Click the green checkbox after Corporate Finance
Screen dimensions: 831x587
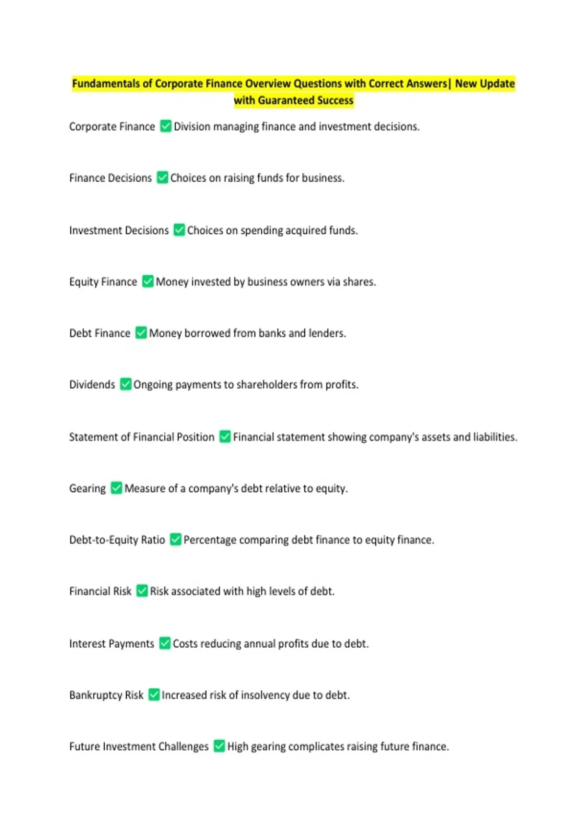coord(166,126)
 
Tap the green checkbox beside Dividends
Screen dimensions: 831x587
coord(126,384)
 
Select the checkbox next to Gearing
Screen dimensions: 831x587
coord(116,488)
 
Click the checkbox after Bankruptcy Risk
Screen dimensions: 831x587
coord(154,695)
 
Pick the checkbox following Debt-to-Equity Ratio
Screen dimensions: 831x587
coord(176,540)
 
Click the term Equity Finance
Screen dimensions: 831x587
coord(103,282)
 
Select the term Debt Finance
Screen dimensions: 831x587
coord(100,333)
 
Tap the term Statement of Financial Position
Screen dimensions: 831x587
coord(142,437)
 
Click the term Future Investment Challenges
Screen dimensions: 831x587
coord(139,746)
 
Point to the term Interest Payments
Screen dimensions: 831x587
coord(112,643)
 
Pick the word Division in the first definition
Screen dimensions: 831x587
coord(192,126)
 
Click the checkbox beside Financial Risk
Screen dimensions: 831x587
coord(142,591)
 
